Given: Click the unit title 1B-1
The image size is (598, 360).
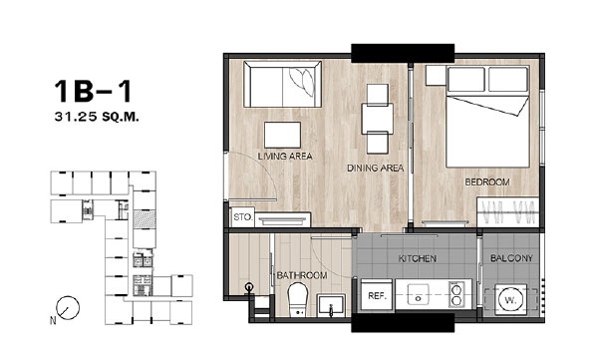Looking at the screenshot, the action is pos(93,91).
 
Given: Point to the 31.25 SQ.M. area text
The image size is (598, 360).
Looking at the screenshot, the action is pos(97,117).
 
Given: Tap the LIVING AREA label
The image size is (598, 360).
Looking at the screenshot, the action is pos(285,157).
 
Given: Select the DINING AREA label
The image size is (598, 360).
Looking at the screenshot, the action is pos(376,168).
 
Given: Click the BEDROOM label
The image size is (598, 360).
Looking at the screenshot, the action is pos(487,182).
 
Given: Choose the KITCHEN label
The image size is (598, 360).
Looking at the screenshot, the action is pos(418,259).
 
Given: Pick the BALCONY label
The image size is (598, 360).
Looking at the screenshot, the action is pos(511,258).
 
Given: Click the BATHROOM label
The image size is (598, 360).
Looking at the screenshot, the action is pos(302,275).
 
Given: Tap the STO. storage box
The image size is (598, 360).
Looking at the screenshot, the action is pos(243,217).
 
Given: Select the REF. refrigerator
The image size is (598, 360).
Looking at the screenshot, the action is pos(377,295).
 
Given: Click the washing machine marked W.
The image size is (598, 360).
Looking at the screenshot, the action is pos(510,300).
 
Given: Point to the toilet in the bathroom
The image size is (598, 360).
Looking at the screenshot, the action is pos(297,300).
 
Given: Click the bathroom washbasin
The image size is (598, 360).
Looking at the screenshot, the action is pos(331,305).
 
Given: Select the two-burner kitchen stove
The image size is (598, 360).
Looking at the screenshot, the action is pos(455,294).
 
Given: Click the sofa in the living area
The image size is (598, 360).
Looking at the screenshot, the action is pos(282,84).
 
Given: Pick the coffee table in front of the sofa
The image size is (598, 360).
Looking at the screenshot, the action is pos(282,135).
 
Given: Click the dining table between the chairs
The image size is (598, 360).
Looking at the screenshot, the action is pos(377,119).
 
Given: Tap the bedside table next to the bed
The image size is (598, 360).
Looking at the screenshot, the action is pos(436,76).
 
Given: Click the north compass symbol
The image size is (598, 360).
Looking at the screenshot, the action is pos(68,308).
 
